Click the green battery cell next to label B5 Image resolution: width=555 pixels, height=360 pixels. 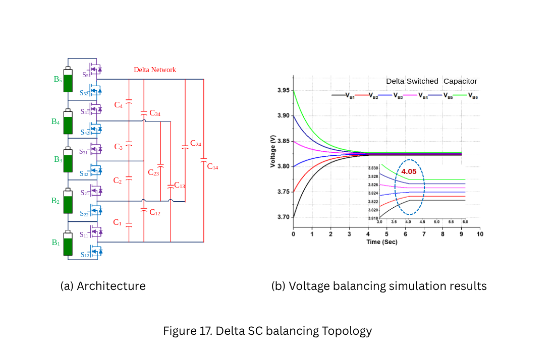pyautogui.click(x=68, y=80)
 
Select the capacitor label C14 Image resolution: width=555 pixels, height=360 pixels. pyautogui.click(x=212, y=166)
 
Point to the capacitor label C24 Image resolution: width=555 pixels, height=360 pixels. pyautogui.click(x=196, y=143)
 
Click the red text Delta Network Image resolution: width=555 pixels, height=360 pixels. pyautogui.click(x=155, y=70)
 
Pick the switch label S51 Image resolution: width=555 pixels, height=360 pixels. pyautogui.click(x=86, y=75)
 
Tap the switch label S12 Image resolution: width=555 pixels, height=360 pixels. pyautogui.click(x=85, y=255)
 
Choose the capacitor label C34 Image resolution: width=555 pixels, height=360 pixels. pyautogui.click(x=155, y=113)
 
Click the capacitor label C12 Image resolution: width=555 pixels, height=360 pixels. pyautogui.click(x=155, y=212)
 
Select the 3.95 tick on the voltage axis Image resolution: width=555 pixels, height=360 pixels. pyautogui.click(x=284, y=91)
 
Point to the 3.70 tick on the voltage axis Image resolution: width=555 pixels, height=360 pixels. pyautogui.click(x=284, y=217)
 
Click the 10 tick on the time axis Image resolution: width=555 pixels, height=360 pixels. pyautogui.click(x=480, y=234)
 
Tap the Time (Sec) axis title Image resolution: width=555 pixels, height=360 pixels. pyautogui.click(x=382, y=242)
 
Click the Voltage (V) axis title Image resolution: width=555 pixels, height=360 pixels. pyautogui.click(x=272, y=151)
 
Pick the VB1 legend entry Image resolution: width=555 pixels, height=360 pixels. pyautogui.click(x=343, y=95)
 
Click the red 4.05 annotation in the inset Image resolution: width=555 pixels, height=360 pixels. pyautogui.click(x=409, y=171)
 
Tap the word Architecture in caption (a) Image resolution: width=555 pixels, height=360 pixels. pyautogui.click(x=111, y=286)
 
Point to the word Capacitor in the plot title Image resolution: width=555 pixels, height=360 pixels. pyautogui.click(x=460, y=81)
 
